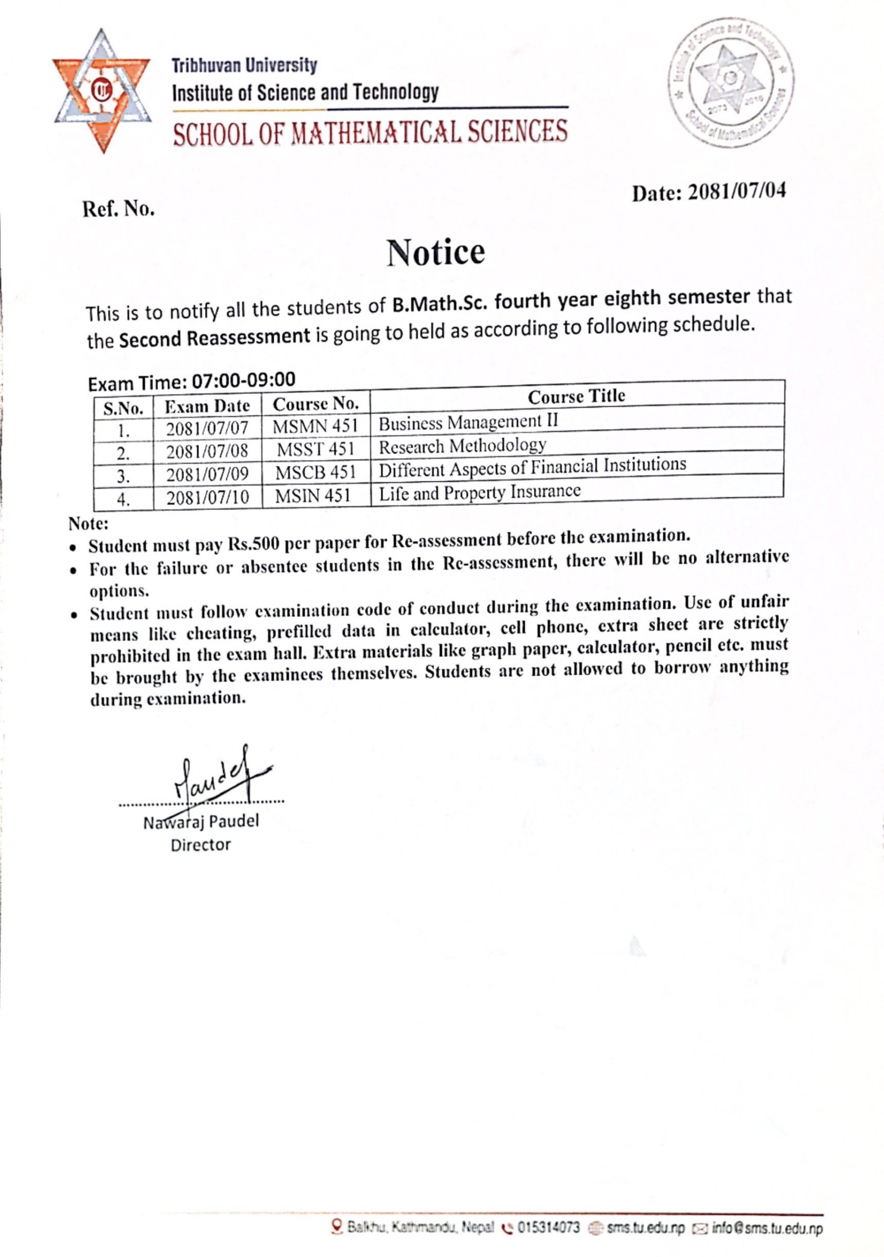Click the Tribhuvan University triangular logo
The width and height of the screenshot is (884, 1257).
click(x=102, y=90)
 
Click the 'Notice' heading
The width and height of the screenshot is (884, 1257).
click(x=436, y=253)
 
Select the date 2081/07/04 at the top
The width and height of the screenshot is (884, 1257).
click(x=737, y=192)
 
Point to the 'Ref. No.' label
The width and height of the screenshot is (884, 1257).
click(x=119, y=209)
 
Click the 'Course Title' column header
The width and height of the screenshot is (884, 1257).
click(x=576, y=396)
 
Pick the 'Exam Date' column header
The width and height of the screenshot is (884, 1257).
click(x=207, y=406)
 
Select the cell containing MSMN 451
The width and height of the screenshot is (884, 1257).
click(x=315, y=426)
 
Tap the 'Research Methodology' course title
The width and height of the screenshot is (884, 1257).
click(x=462, y=446)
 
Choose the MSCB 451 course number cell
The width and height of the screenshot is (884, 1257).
click(x=315, y=473)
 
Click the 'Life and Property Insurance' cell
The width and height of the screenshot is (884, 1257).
click(x=479, y=493)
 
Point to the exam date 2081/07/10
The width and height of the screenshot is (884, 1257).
click(x=208, y=497)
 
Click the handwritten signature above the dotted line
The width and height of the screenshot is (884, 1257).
click(x=216, y=775)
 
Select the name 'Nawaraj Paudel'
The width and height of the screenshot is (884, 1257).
click(x=201, y=822)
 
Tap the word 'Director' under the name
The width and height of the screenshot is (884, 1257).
click(x=201, y=845)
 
